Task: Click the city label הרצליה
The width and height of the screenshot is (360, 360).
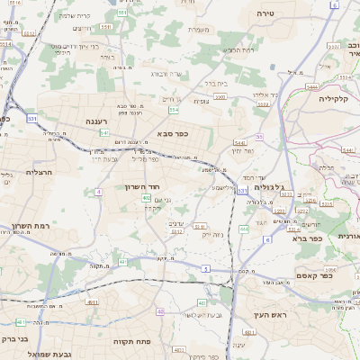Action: coord(41,171)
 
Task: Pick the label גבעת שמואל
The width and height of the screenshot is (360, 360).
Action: coord(62,355)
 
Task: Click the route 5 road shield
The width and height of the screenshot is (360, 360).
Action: coord(206,268)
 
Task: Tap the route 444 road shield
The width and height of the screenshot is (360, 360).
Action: coord(244,229)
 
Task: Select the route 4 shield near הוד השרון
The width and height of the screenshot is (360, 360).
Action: coord(97,192)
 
